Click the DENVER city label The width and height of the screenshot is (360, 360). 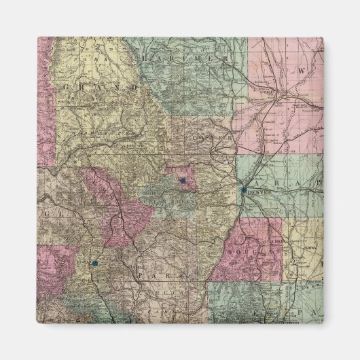pyautogui.click(x=261, y=192)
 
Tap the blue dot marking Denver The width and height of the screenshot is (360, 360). pyautogui.click(x=244, y=190)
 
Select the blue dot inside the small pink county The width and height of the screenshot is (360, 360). pyautogui.click(x=183, y=181)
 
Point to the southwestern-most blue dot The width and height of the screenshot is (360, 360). pyautogui.click(x=95, y=263)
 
